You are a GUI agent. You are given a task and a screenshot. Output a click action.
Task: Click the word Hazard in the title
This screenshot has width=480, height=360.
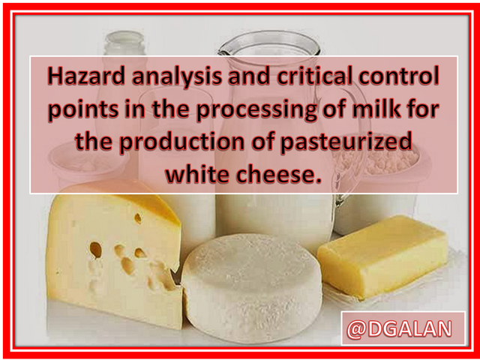[x=86, y=76]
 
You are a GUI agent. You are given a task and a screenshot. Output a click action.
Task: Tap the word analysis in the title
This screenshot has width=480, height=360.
[x=177, y=77]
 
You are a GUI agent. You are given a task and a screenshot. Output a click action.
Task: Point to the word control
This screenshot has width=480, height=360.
[x=399, y=76]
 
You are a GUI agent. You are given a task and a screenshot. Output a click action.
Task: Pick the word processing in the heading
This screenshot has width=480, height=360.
[x=256, y=111]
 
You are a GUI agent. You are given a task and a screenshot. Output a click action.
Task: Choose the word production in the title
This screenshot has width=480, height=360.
[x=180, y=143]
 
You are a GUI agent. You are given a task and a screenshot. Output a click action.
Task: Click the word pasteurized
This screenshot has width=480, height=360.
[x=346, y=143]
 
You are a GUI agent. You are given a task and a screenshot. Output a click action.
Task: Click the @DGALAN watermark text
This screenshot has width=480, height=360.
[x=399, y=329]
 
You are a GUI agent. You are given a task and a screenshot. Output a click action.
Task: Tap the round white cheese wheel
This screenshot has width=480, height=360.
[x=252, y=288]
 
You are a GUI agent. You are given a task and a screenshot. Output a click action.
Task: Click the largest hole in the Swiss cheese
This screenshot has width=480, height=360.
[x=96, y=250]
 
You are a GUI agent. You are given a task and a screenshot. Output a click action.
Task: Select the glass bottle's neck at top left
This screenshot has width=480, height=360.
[x=124, y=44]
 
